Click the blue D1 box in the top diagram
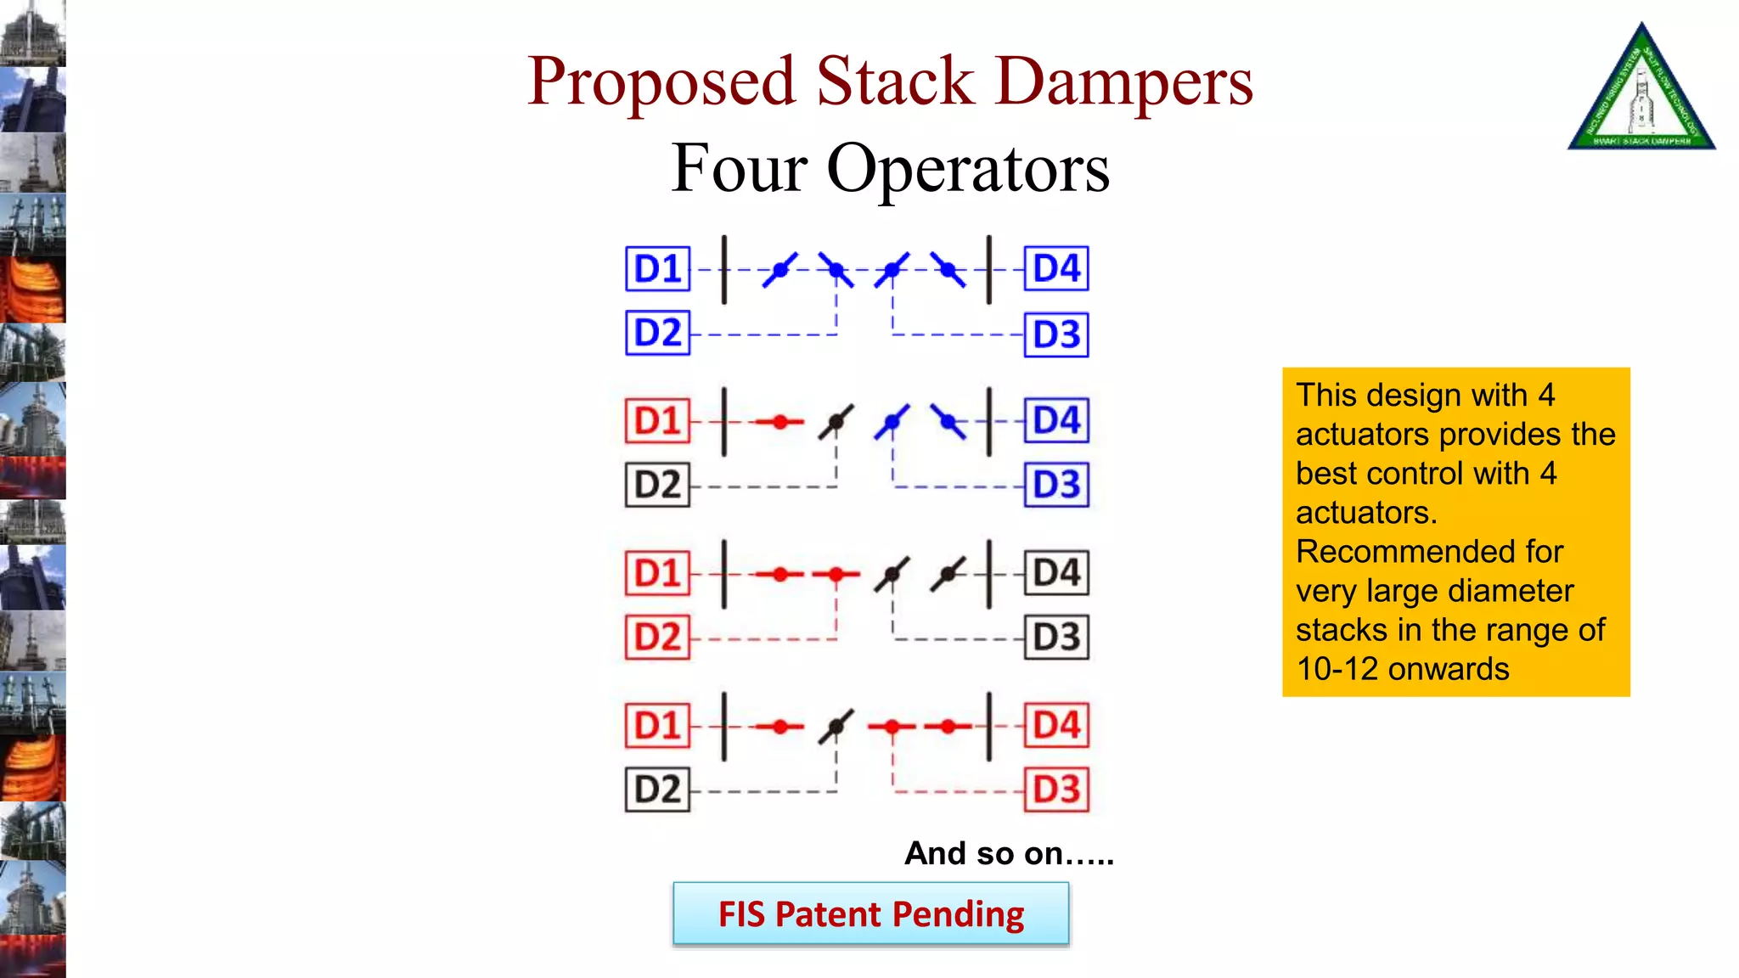(x=657, y=268)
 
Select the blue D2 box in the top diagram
(x=657, y=333)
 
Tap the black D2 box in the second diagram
(x=657, y=485)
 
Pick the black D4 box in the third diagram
(x=1056, y=573)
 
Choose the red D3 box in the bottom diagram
(x=1056, y=790)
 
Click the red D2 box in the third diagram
(x=657, y=638)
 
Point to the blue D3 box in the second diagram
(x=1056, y=485)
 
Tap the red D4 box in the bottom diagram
(x=1056, y=725)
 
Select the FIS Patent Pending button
(x=871, y=914)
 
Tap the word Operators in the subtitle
(x=967, y=168)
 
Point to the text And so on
(x=1008, y=853)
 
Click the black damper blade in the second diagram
(x=836, y=421)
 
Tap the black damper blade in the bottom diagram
(x=836, y=726)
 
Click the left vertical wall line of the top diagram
(x=724, y=270)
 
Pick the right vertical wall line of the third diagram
(x=989, y=574)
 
